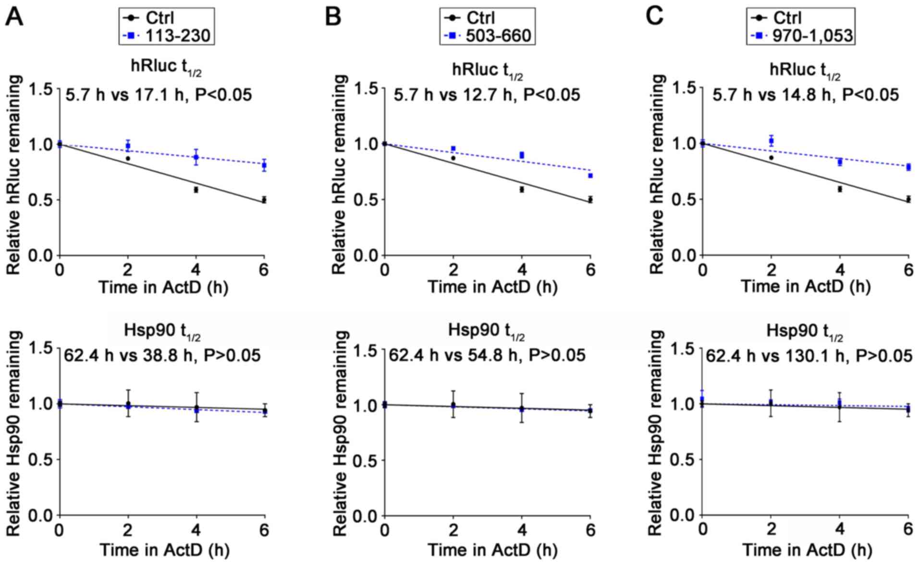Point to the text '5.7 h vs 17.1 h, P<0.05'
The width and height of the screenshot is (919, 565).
point(158,95)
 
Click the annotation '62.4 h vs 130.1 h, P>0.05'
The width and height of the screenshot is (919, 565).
point(809,356)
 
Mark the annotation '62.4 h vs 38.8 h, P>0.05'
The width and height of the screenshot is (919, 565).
point(162,356)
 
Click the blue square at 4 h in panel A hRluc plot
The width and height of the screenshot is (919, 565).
point(196,157)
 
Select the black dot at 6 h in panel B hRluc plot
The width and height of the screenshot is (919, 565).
point(590,200)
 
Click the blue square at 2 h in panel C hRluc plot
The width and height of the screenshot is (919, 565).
point(772,140)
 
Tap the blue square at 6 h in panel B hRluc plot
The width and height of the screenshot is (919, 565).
point(590,176)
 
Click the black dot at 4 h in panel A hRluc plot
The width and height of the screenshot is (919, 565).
point(196,190)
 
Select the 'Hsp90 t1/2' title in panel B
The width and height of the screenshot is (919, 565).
point(486,331)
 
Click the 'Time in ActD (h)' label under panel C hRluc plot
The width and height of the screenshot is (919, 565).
point(806,287)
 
